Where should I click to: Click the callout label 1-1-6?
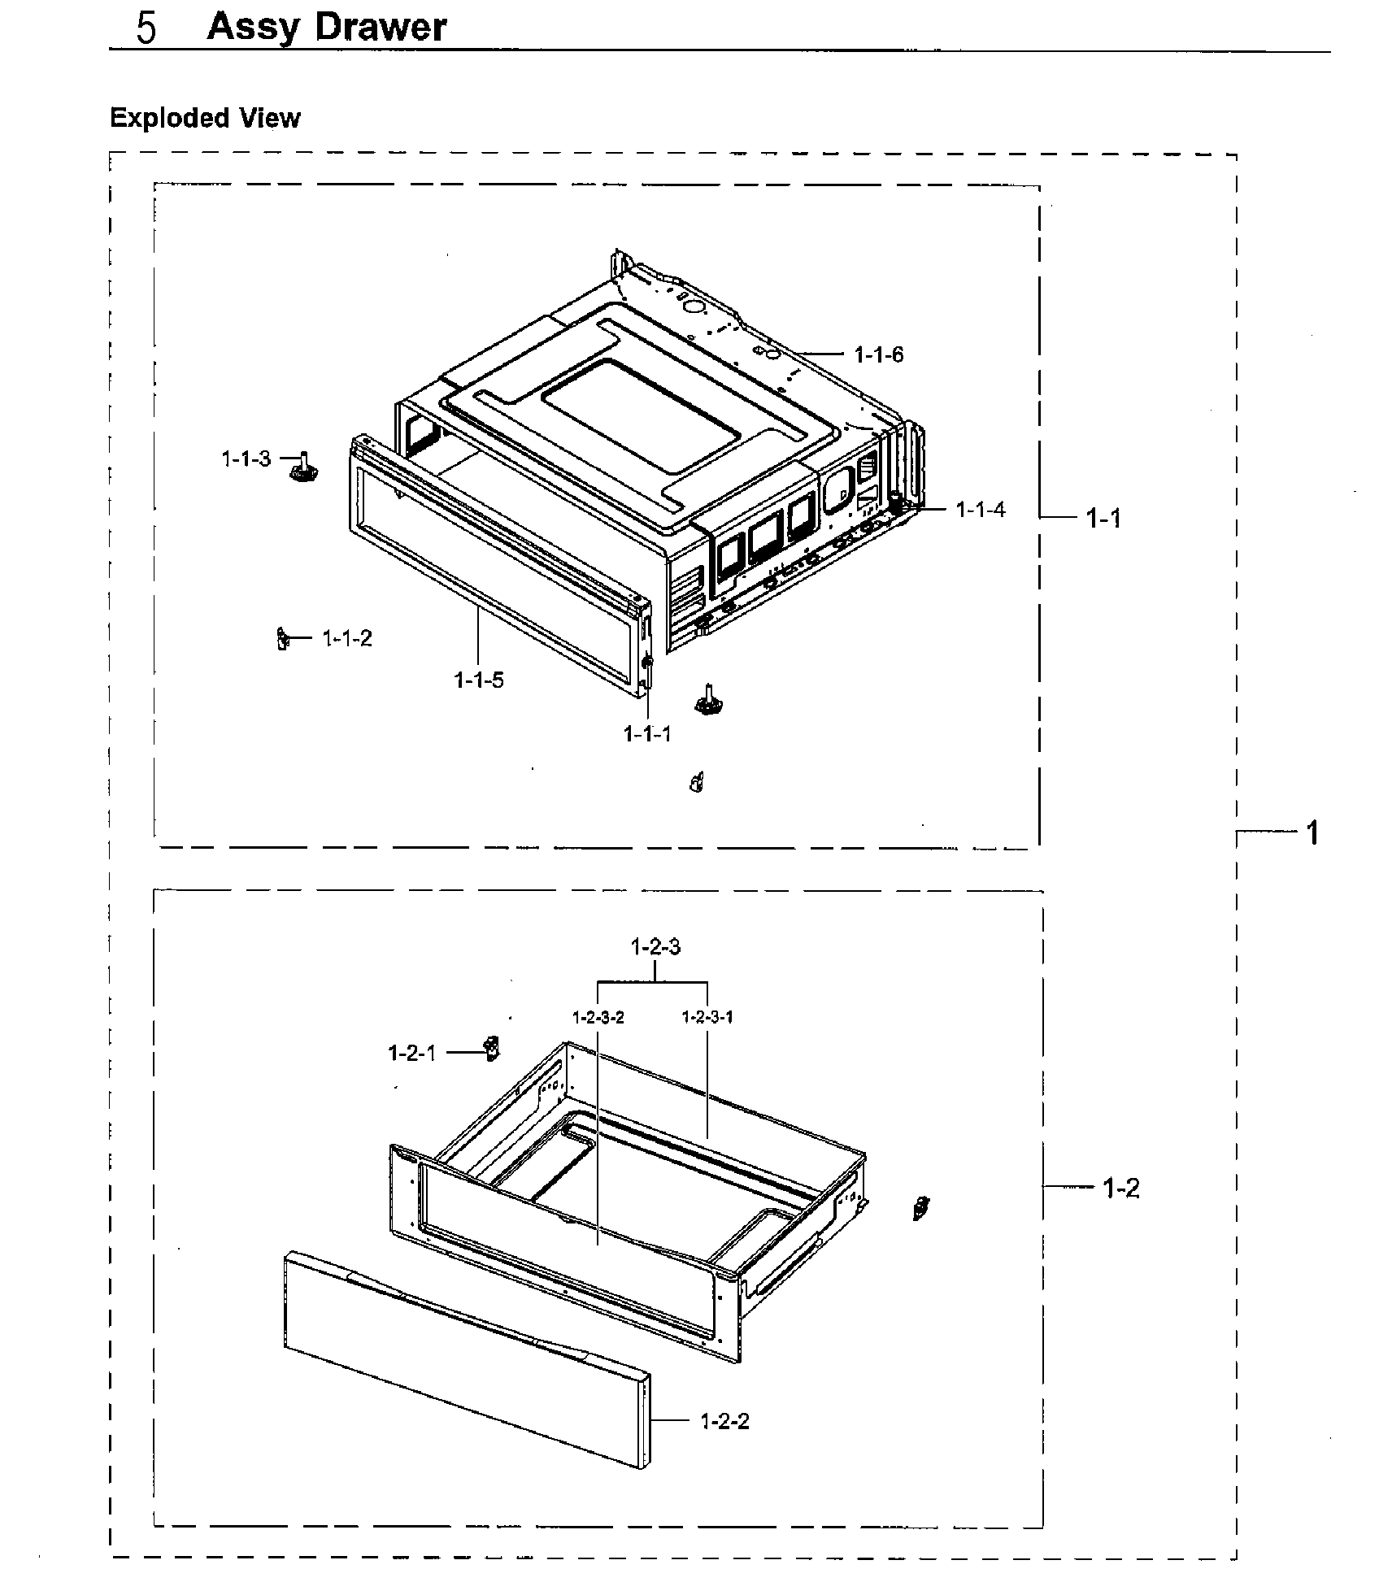click(878, 354)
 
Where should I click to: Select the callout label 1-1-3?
click(246, 459)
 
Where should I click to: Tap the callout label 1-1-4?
click(980, 510)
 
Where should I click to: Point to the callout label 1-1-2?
click(347, 639)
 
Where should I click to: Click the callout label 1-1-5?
click(478, 680)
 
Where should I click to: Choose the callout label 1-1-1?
click(647, 734)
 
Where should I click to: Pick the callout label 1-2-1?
click(412, 1054)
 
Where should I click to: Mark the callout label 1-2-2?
click(724, 1422)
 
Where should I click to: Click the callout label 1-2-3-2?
click(598, 1018)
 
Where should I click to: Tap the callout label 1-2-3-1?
click(707, 1018)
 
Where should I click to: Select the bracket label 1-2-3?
click(655, 947)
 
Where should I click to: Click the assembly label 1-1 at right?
click(1103, 518)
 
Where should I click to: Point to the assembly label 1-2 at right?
click(1120, 1189)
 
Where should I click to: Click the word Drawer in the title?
click(381, 27)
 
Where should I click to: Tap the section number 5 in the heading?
click(147, 28)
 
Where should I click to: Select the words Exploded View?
click(205, 119)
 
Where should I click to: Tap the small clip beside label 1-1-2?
click(283, 639)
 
